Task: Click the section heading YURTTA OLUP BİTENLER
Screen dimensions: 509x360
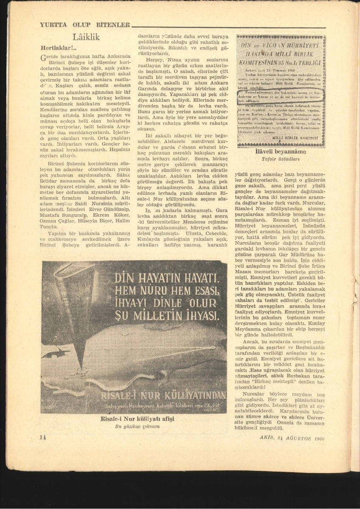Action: tap(84, 25)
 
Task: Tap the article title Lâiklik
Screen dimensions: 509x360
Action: tap(86, 37)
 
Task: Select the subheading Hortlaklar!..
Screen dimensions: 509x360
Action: tap(58, 48)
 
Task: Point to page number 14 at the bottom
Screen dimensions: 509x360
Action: tap(43, 438)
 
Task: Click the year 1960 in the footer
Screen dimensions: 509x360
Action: tap(317, 438)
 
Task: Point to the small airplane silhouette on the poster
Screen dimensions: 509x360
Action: tap(56, 353)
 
